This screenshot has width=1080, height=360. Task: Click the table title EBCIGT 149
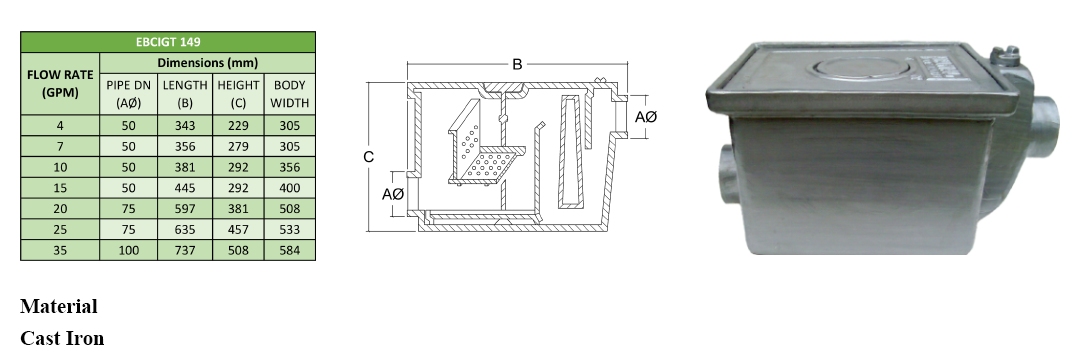(x=168, y=42)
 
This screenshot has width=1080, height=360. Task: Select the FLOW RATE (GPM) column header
(x=60, y=83)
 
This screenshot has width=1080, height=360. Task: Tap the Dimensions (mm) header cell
(x=207, y=63)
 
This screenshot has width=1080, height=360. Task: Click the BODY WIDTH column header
(x=289, y=94)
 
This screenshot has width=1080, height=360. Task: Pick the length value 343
(x=185, y=125)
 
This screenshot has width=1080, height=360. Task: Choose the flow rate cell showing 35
(x=60, y=251)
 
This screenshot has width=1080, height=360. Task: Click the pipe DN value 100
(x=128, y=251)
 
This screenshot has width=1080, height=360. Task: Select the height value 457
(x=238, y=230)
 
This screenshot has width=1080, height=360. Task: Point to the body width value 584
(x=289, y=251)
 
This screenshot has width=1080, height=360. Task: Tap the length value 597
(x=185, y=209)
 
